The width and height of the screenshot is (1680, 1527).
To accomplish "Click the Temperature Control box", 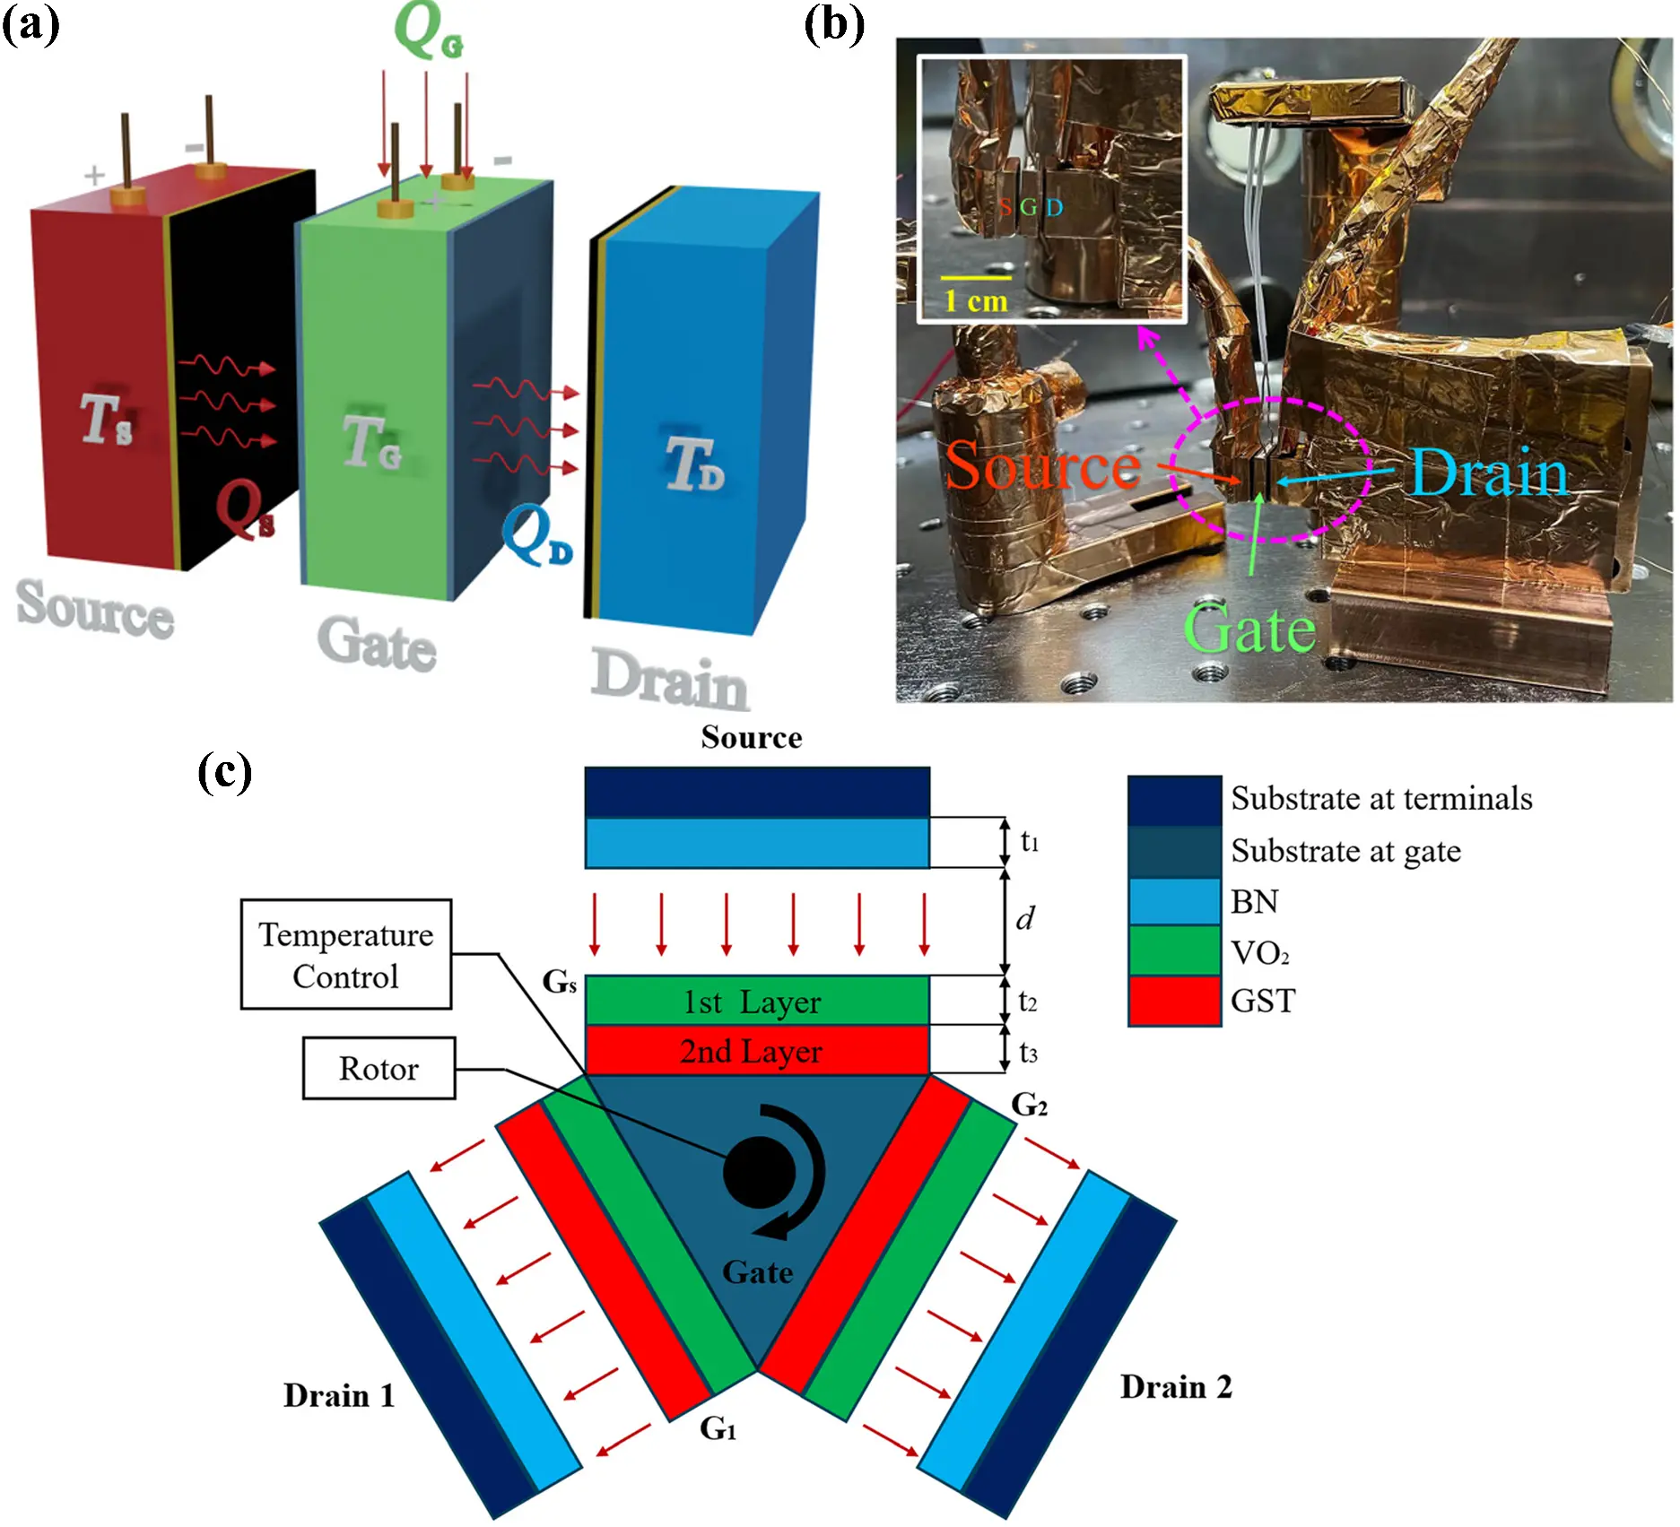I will coord(346,955).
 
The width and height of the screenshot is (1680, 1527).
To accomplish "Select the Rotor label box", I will coord(379,1068).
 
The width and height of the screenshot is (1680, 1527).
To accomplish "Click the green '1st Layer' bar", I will coord(756,1001).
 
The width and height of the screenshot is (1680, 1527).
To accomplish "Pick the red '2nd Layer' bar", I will coord(756,1051).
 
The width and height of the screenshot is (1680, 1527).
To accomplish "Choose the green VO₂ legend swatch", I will coord(1173,950).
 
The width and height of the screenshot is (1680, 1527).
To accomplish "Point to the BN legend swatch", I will coord(1173,901).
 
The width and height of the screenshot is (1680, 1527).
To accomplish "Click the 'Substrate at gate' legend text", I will coord(1345,850).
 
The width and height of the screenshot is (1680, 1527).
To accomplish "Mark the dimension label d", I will coord(1025,919).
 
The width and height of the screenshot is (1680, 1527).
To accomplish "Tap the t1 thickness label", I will coord(1029,841).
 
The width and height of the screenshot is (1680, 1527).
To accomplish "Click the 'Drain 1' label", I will coord(339,1396).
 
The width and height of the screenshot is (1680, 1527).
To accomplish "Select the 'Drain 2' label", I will coord(1176,1387).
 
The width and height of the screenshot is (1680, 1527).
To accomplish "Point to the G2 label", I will coord(1029,1105).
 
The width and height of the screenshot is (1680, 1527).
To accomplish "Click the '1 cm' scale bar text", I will coord(976,300).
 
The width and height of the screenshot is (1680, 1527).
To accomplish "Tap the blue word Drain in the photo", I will coord(1488,473).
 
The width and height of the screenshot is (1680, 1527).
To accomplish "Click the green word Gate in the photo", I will coord(1249,629).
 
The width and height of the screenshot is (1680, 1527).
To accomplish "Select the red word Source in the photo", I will coord(1042,466).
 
